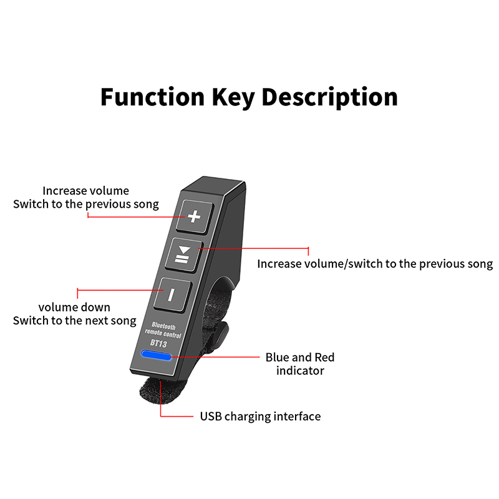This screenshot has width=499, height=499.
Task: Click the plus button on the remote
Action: tap(195, 216)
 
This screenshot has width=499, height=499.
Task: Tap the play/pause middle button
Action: tap(183, 254)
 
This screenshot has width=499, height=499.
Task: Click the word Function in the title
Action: tap(152, 97)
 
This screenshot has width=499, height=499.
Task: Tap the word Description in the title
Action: tap(329, 97)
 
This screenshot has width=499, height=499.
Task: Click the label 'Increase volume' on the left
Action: tap(85, 191)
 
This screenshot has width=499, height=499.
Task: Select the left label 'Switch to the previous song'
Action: tap(86, 204)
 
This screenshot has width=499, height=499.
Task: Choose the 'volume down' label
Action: tap(74, 307)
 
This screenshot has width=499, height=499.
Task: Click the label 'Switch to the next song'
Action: tap(74, 321)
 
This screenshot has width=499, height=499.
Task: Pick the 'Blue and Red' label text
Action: tap(300, 357)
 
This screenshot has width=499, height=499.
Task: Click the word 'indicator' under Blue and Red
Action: tap(300, 371)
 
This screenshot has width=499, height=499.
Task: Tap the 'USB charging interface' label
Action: tap(260, 416)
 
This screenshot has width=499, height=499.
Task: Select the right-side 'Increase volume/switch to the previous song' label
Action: tap(375, 264)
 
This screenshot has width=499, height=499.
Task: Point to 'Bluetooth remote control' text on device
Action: tap(165, 331)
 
